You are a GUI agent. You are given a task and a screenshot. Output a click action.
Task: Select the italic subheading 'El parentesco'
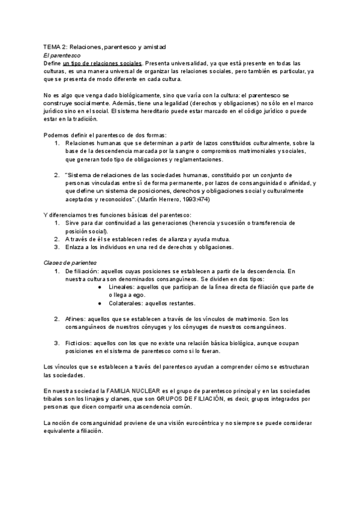tap(63, 55)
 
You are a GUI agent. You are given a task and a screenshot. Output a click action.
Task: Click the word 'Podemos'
tap(57, 135)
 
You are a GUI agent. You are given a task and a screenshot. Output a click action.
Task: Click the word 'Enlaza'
tap(76, 247)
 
